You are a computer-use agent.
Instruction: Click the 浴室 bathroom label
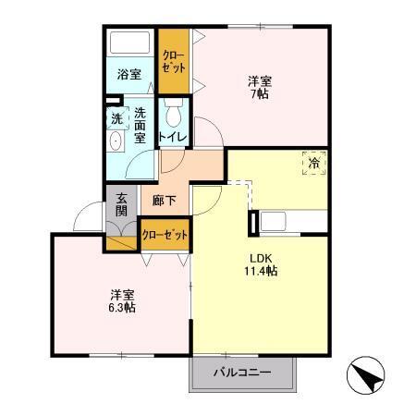[x=128, y=74]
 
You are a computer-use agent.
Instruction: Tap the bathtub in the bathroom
[x=129, y=43]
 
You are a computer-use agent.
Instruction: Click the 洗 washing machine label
[x=116, y=118]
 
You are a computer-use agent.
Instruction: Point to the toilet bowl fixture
[x=172, y=115]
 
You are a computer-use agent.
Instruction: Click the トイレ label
[x=173, y=137]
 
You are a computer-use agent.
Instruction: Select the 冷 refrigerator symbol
[x=314, y=164]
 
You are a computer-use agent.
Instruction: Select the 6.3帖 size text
[x=121, y=307]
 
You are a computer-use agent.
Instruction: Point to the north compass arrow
[x=366, y=376]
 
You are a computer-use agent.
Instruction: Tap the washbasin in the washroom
[x=116, y=142]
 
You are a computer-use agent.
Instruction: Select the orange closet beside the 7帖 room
[x=171, y=61]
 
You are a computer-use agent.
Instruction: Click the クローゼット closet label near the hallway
[x=165, y=235]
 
